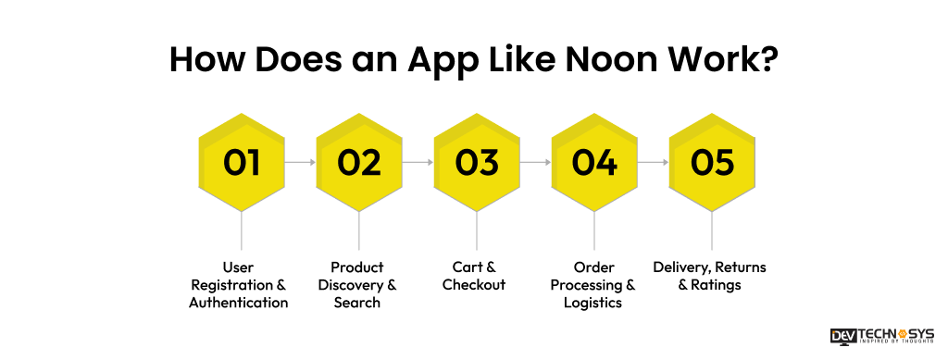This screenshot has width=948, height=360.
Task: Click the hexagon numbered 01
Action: [x=242, y=163]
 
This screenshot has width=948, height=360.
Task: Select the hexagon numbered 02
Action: [x=359, y=163]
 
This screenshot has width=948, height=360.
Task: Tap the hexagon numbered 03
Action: [x=477, y=163]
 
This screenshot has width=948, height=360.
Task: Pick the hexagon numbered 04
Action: [x=594, y=163]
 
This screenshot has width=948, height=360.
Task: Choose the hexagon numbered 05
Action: [x=712, y=163]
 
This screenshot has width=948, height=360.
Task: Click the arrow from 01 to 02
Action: [x=300, y=163]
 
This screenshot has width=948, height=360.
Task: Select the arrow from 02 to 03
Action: [x=418, y=163]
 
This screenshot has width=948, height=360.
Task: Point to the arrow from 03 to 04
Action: [x=535, y=163]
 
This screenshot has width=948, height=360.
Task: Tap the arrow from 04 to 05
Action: [x=653, y=163]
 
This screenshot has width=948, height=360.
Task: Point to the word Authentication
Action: [x=239, y=303]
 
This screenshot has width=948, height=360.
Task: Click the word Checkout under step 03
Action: [x=474, y=285]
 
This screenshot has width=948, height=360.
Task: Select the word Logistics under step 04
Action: [x=592, y=303]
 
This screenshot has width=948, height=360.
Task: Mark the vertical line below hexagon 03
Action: [x=477, y=231]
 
